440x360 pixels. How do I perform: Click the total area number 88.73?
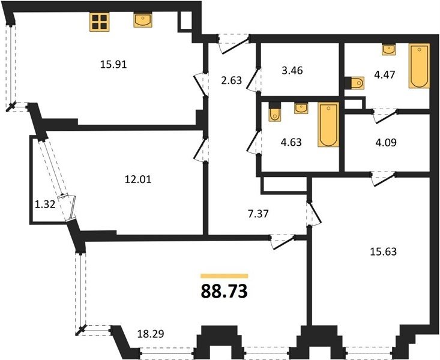coord(225,291)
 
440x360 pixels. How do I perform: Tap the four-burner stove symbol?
coord(100,22)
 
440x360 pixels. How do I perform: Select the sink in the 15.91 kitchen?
coord(143,20)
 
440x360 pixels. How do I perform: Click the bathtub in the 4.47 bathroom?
coord(419,66)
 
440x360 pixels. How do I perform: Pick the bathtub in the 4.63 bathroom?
coord(328,124)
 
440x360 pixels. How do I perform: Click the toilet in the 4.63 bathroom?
coord(275,112)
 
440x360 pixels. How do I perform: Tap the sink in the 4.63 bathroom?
coord(301,108)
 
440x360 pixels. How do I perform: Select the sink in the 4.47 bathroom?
coord(389,49)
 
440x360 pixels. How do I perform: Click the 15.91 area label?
coord(113,65)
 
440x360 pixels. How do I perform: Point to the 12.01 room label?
coord(138,179)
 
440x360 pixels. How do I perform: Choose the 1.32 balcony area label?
coord(44,205)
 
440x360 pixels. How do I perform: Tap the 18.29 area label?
coord(151,334)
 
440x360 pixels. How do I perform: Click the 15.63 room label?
coord(384,251)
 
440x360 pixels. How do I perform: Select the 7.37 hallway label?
coord(259,214)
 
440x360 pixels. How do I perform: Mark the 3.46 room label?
coord(292,70)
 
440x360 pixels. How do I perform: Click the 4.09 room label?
coord(386,143)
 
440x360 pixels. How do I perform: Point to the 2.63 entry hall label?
coord(231,80)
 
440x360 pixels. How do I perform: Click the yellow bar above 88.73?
coord(225,276)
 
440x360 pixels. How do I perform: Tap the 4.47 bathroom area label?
coord(385,74)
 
